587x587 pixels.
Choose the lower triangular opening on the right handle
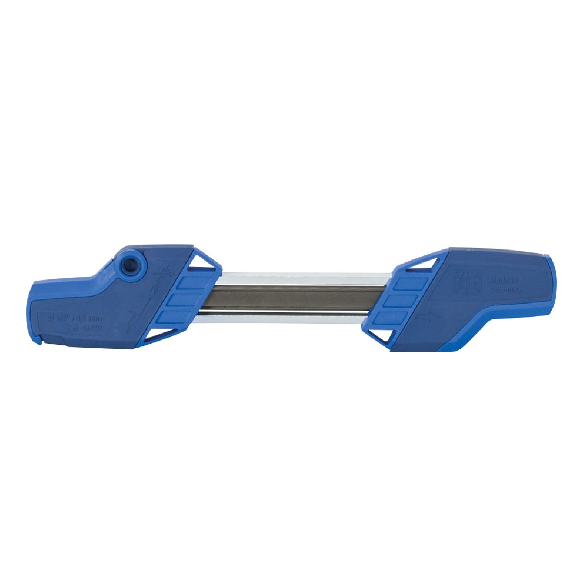coord(380,336)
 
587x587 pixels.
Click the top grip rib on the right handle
coord(408,285)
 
